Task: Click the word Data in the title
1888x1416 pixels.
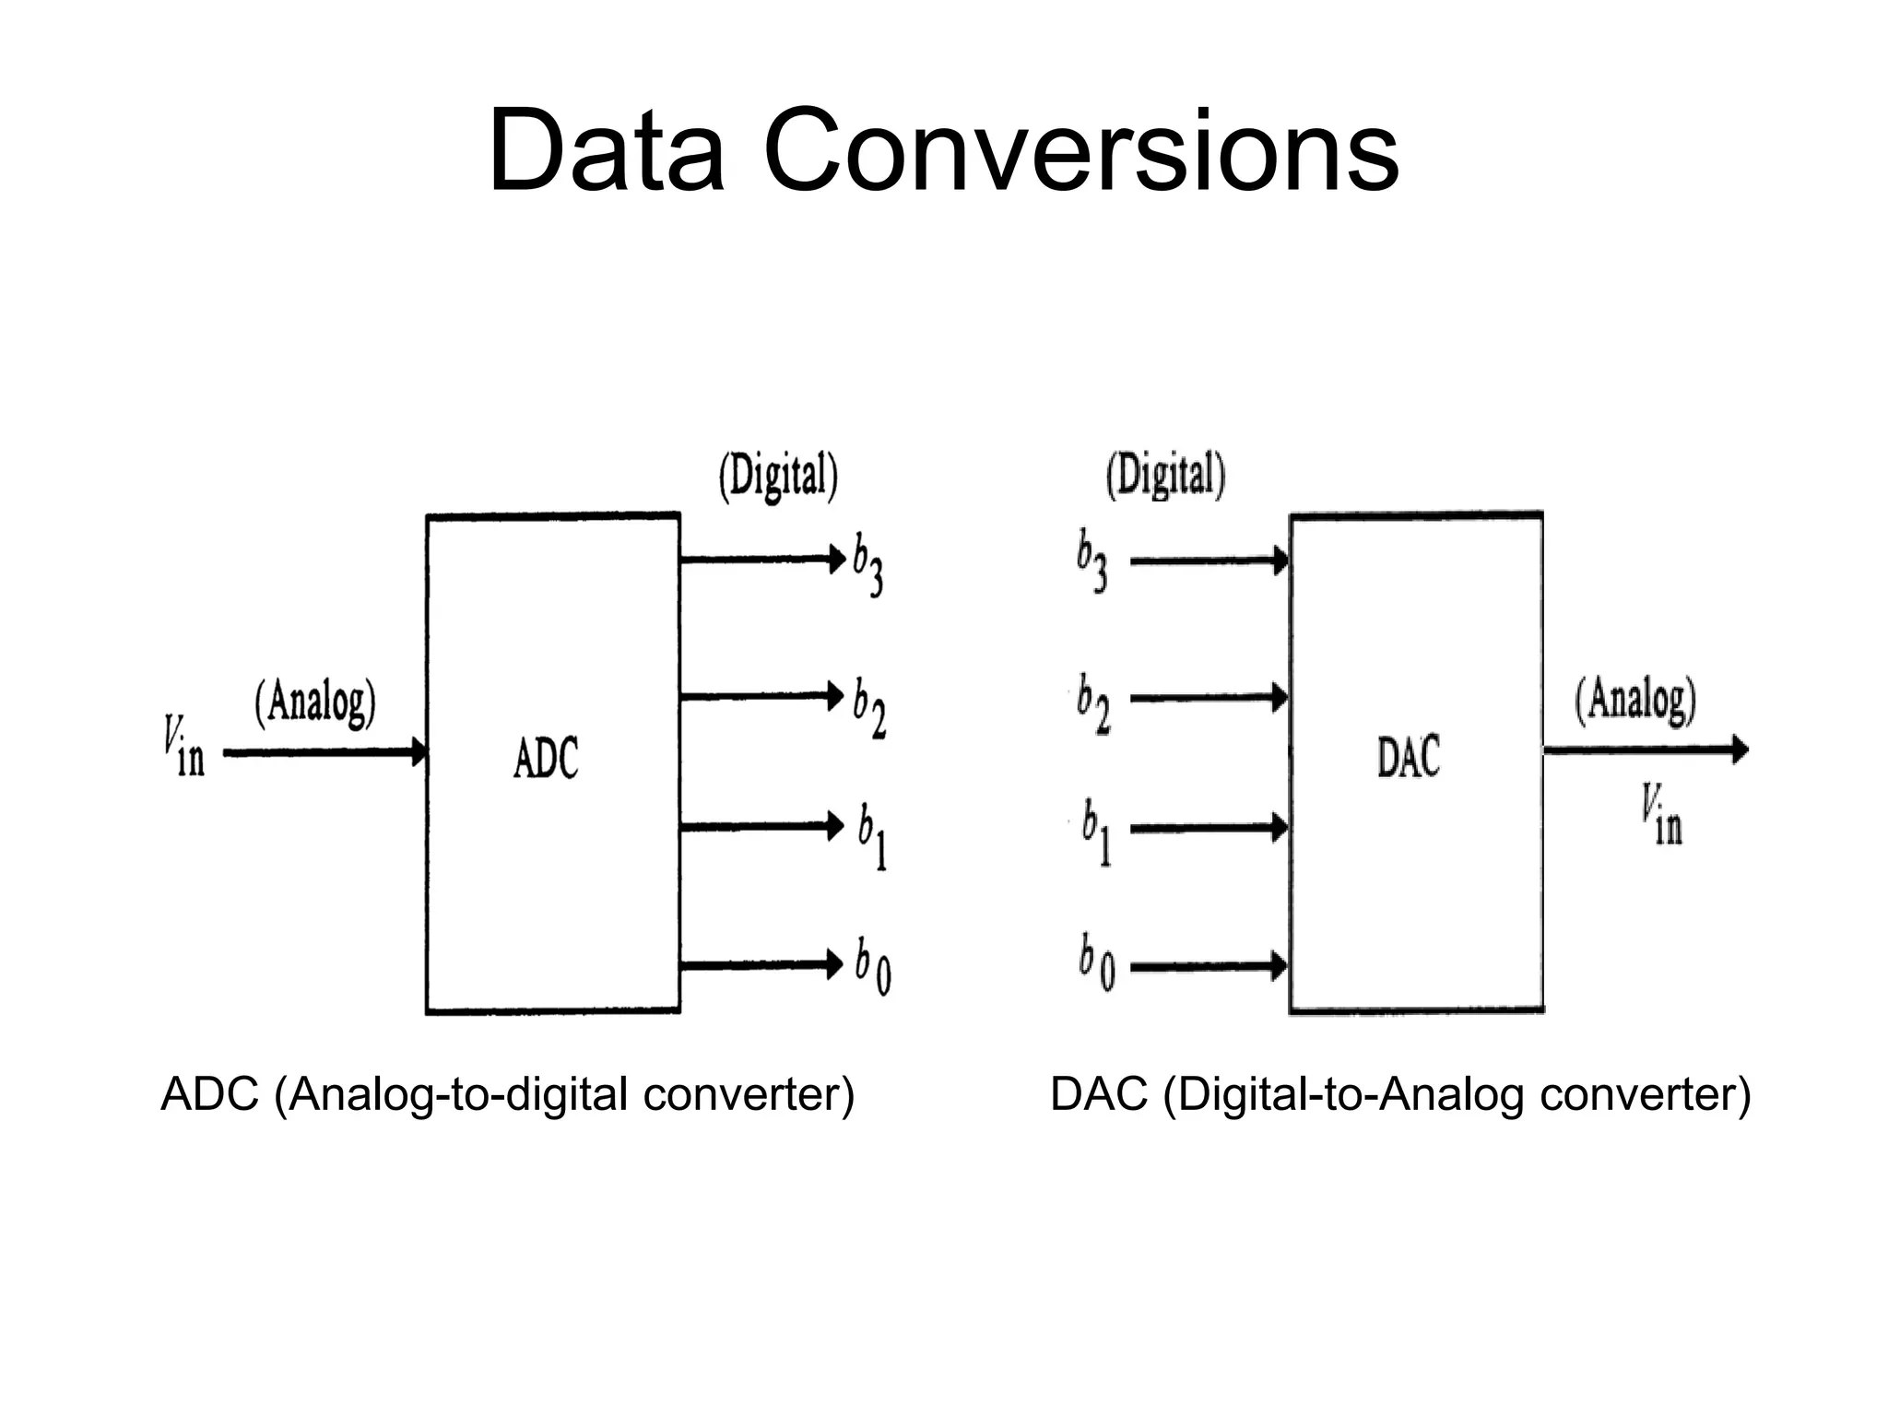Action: (x=606, y=151)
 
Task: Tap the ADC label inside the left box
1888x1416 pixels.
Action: (x=546, y=759)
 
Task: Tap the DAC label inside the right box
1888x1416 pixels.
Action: (x=1408, y=757)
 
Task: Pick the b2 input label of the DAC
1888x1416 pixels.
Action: (x=1093, y=704)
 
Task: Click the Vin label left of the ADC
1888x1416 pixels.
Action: (x=183, y=748)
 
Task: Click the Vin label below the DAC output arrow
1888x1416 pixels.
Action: (x=1661, y=815)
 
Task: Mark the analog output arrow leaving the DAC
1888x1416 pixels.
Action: (x=1646, y=750)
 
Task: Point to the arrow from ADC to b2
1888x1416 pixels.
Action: (x=761, y=695)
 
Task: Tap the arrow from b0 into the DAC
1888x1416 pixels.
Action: (x=1208, y=966)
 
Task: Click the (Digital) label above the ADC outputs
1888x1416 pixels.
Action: (x=778, y=477)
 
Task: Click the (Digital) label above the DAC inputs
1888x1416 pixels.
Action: (x=1165, y=476)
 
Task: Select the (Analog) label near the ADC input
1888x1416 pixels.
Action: (x=315, y=703)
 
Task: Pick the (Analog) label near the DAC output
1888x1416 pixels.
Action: (x=1635, y=701)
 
